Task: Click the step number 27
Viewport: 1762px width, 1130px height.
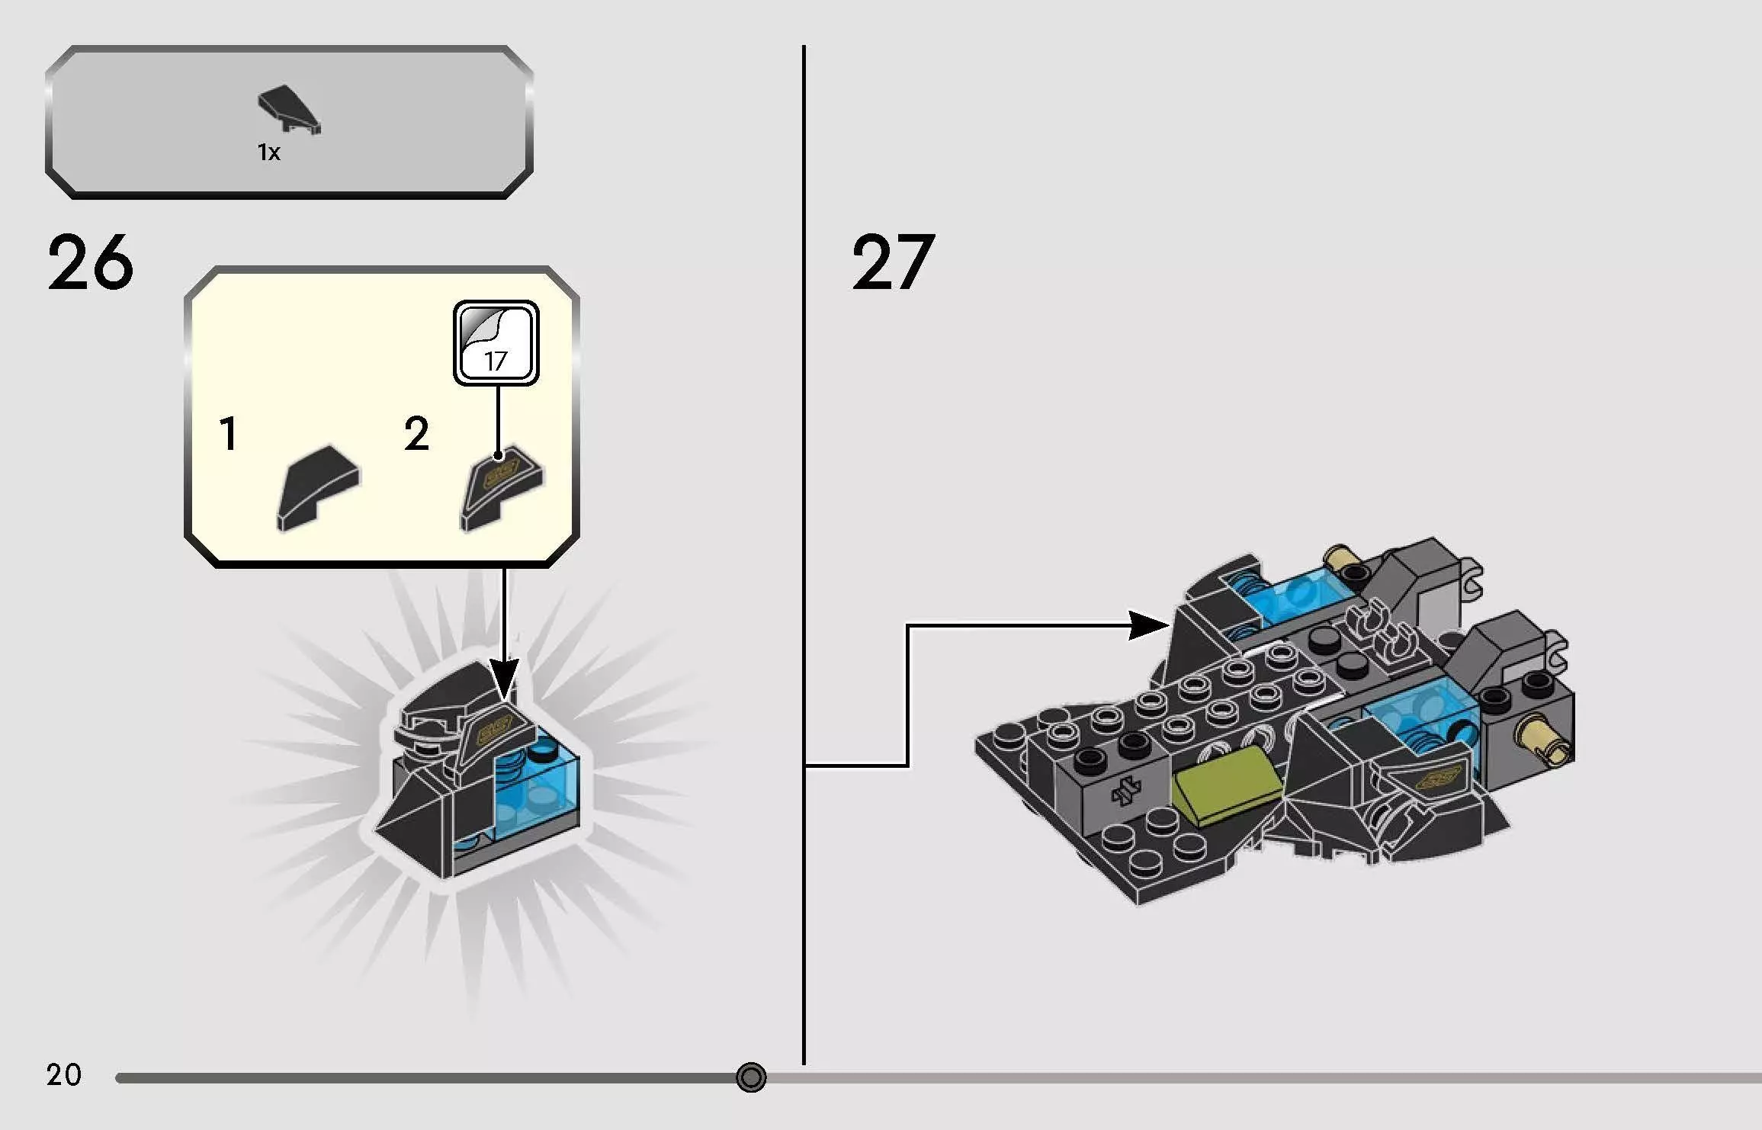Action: tap(892, 263)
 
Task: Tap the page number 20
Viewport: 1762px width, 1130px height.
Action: tap(63, 1074)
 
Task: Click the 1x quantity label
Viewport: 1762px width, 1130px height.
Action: tap(268, 152)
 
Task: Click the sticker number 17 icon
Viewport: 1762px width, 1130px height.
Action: tap(496, 342)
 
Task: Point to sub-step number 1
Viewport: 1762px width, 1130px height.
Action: tap(228, 434)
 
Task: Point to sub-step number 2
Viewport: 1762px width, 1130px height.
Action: tap(416, 434)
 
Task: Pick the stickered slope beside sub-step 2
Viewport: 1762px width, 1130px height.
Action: tap(501, 486)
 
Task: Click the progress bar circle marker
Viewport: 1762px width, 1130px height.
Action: tap(751, 1077)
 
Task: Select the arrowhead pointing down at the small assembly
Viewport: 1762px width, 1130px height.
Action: tap(503, 679)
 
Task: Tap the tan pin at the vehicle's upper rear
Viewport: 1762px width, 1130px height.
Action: tap(1343, 563)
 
